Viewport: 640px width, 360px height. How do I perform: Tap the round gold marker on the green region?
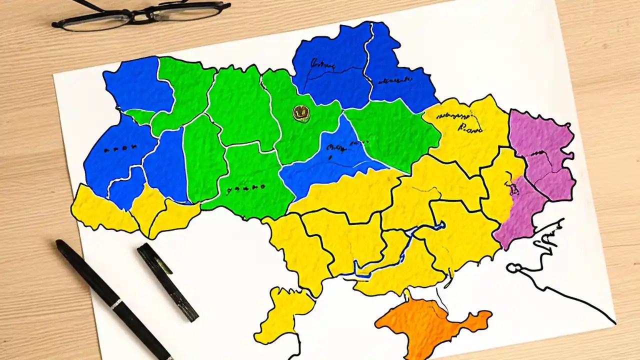tap(301, 114)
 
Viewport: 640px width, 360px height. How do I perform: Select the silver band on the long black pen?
tap(115, 304)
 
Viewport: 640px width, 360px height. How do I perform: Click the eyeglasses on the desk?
tap(141, 15)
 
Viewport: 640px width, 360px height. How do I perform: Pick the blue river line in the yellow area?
tap(395, 250)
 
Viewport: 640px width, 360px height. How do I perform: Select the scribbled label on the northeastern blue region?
tap(395, 80)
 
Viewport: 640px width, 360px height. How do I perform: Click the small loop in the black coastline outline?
tap(511, 268)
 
